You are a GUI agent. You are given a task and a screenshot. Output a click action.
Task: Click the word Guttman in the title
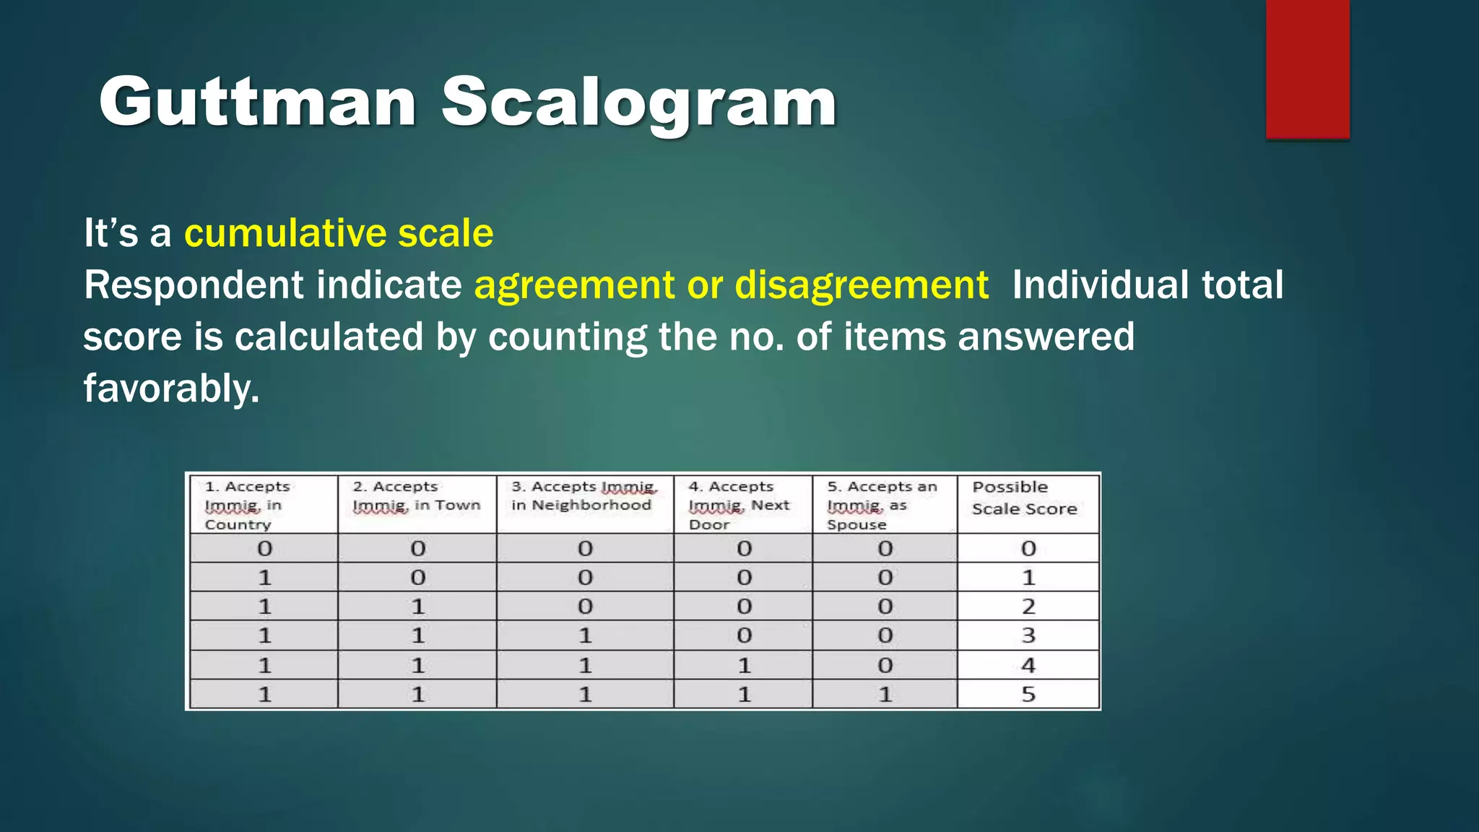click(257, 102)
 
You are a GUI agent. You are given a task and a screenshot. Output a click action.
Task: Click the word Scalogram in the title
click(638, 102)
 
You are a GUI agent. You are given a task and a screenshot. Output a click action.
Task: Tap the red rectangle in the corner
click(1307, 69)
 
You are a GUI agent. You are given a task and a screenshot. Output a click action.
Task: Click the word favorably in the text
click(170, 389)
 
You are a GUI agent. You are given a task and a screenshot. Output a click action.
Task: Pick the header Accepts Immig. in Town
click(416, 496)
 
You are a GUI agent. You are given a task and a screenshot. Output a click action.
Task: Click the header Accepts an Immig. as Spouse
click(882, 505)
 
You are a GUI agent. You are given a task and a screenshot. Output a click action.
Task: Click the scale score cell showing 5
click(1028, 695)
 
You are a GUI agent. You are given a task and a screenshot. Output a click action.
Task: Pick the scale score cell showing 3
click(1028, 636)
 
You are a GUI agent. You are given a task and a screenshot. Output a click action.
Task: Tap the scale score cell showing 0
click(1028, 549)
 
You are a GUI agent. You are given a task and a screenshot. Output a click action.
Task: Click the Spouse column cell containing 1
click(885, 695)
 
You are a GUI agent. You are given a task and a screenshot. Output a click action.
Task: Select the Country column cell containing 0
click(264, 549)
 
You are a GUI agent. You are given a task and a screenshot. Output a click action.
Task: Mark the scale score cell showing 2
click(1028, 607)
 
